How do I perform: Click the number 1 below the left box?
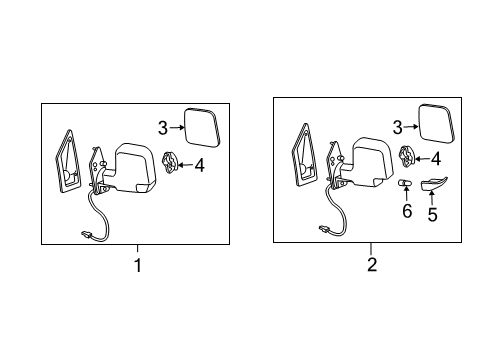pyautogui.click(x=138, y=266)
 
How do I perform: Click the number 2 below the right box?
pyautogui.click(x=371, y=265)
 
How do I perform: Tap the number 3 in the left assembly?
pyautogui.click(x=162, y=126)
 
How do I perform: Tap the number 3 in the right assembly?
pyautogui.click(x=396, y=126)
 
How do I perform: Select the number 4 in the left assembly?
pyautogui.click(x=198, y=163)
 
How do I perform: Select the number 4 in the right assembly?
pyautogui.click(x=436, y=158)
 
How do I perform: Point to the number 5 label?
pyautogui.click(x=434, y=213)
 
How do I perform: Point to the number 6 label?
pyautogui.click(x=406, y=212)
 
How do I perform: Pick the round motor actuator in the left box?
pyautogui.click(x=169, y=163)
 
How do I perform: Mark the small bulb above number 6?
pyautogui.click(x=406, y=186)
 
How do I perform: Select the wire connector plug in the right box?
pyautogui.click(x=324, y=229)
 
